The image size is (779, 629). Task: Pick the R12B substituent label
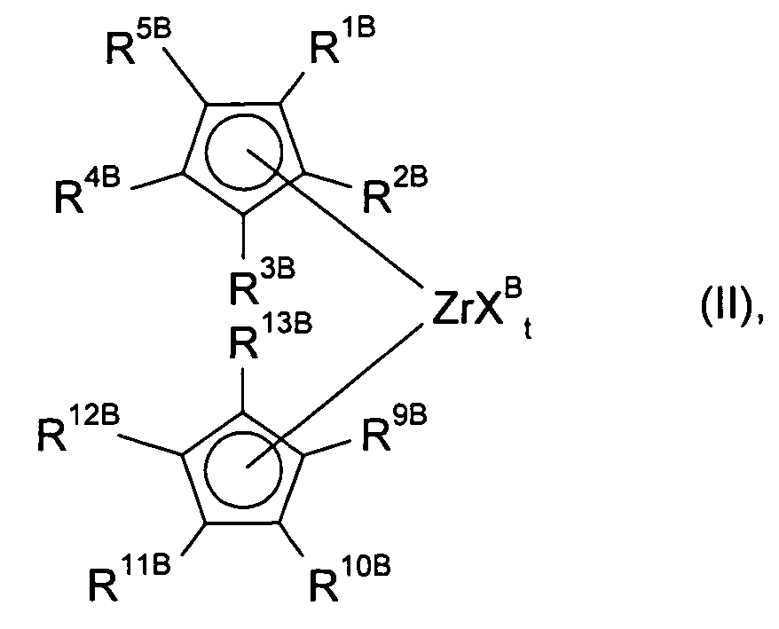coord(78,429)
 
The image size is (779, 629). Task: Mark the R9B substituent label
coord(395,429)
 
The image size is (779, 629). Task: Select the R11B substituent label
coord(130,578)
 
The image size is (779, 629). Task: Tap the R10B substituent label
coord(350,578)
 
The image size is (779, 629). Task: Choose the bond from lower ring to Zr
coord(335,396)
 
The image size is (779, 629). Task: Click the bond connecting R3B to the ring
coord(243,237)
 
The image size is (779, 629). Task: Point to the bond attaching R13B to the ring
coord(243,390)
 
